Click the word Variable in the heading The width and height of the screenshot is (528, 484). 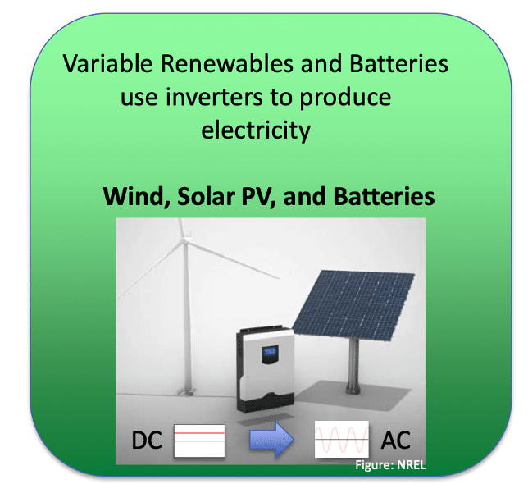[107, 63]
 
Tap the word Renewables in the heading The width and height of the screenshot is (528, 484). [227, 63]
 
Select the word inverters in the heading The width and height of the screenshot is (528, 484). [214, 97]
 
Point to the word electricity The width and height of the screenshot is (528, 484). [256, 130]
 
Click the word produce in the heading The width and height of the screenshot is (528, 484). [345, 98]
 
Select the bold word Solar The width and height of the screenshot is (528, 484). [206, 196]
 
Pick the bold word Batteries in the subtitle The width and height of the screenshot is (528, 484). [384, 196]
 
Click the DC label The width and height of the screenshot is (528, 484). [147, 441]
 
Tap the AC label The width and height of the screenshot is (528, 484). [396, 440]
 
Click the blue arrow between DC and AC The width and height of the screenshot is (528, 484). [271, 440]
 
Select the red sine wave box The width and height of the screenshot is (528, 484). [341, 439]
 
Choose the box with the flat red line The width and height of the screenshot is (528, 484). [199, 441]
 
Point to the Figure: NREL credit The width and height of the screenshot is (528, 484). [390, 465]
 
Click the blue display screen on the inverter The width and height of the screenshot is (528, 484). [270, 353]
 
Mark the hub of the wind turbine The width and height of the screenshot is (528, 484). [184, 240]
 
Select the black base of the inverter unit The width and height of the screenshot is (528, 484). [266, 401]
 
